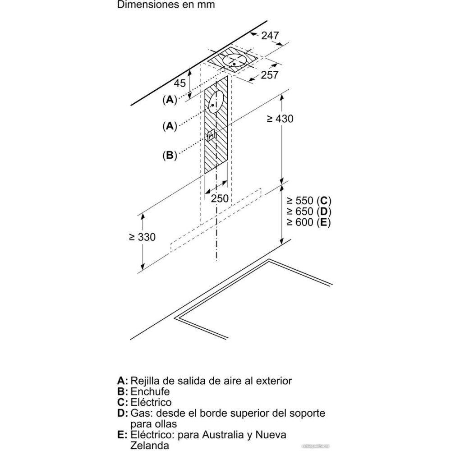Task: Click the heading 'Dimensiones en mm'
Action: coord(166,5)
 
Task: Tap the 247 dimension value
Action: coord(270,35)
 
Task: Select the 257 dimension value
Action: coord(270,75)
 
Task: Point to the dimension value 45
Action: coord(180,83)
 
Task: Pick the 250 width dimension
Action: coord(220,198)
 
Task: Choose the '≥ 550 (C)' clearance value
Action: coord(308,201)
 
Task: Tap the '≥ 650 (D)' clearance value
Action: coord(308,211)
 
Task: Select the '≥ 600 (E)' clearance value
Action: coord(308,222)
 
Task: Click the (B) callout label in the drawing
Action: coord(169,156)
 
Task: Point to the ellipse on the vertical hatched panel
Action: coord(216,101)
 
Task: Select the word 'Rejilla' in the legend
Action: coord(145,381)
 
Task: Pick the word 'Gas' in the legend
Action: coord(140,413)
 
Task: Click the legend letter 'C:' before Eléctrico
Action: coord(122,402)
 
